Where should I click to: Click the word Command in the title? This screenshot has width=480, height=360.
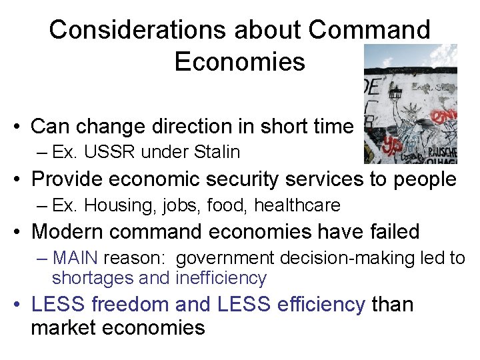point(370,30)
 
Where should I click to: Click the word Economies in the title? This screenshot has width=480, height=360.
point(239,61)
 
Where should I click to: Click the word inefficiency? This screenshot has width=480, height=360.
point(221,278)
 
